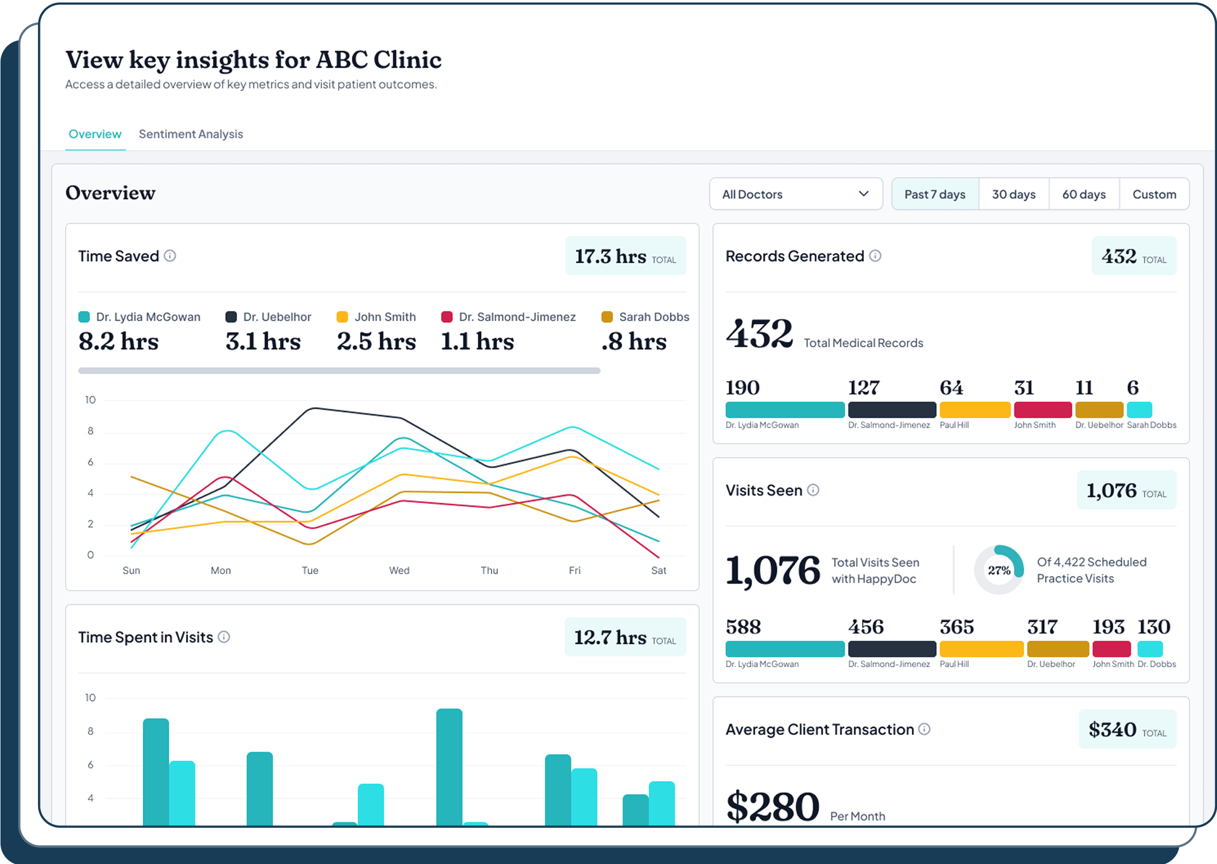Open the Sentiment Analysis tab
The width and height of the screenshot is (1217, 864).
pyautogui.click(x=190, y=134)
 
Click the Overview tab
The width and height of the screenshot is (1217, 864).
pyautogui.click(x=95, y=134)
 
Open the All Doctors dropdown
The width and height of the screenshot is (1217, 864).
pyautogui.click(x=795, y=194)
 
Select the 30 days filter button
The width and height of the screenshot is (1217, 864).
pyautogui.click(x=1013, y=194)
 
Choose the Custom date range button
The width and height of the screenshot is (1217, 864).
pyautogui.click(x=1153, y=194)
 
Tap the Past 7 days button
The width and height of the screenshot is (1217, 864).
pyautogui.click(x=934, y=194)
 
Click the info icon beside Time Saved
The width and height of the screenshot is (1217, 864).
pyautogui.click(x=170, y=256)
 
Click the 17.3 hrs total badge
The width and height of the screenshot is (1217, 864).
pyautogui.click(x=625, y=256)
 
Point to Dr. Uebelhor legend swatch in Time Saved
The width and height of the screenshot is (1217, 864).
pyautogui.click(x=231, y=317)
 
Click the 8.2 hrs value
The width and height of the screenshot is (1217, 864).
pyautogui.click(x=119, y=342)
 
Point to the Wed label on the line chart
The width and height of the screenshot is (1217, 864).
pyautogui.click(x=399, y=570)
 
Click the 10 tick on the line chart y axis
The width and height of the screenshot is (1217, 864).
pyautogui.click(x=90, y=400)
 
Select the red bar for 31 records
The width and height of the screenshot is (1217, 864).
pyautogui.click(x=1042, y=410)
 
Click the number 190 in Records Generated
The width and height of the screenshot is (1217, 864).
pyautogui.click(x=742, y=388)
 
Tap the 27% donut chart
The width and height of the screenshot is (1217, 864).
pyautogui.click(x=999, y=570)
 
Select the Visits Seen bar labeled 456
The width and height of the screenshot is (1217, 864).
pyautogui.click(x=891, y=649)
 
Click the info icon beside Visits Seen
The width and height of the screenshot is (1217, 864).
pyautogui.click(x=813, y=490)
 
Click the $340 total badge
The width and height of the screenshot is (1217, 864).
pyautogui.click(x=1127, y=729)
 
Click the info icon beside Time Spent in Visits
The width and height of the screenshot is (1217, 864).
pyautogui.click(x=224, y=636)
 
